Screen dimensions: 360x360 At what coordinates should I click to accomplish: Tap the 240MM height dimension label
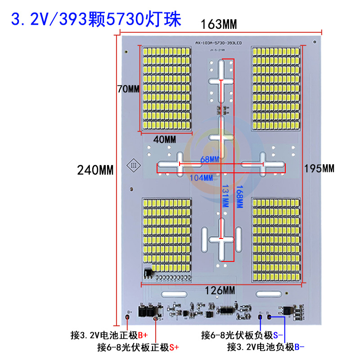click(x=95, y=170)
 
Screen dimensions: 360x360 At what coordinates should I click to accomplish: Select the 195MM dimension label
click(x=319, y=169)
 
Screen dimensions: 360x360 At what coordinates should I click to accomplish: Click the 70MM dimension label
click(x=128, y=89)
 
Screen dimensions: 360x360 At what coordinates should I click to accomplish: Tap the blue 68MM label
click(x=209, y=159)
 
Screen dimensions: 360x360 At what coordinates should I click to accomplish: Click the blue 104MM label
click(x=201, y=178)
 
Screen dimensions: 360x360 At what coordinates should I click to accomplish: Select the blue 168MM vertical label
click(x=239, y=197)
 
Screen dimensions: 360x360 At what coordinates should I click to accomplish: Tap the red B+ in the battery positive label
click(x=143, y=335)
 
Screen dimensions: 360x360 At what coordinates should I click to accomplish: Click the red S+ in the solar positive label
click(x=174, y=347)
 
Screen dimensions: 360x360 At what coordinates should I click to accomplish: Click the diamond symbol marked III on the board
click(x=134, y=165)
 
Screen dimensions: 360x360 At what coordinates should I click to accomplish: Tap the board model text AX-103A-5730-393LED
click(x=219, y=43)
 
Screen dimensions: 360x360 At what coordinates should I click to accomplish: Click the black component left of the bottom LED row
click(x=148, y=272)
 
